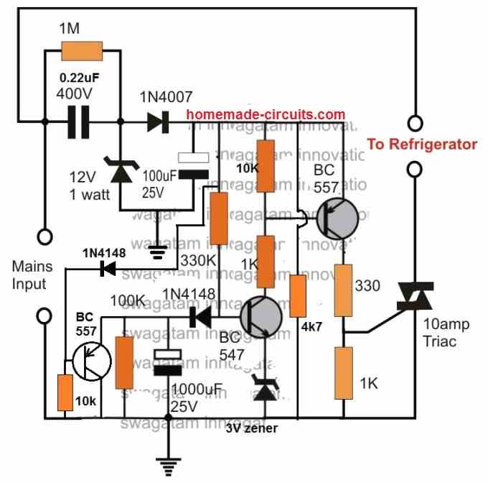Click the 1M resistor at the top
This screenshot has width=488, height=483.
click(83, 51)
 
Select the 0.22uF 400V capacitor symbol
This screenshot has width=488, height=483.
click(82, 123)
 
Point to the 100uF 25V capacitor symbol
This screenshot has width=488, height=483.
click(192, 165)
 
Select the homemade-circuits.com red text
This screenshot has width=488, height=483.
click(266, 114)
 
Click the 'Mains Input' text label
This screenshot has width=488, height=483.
click(33, 275)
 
